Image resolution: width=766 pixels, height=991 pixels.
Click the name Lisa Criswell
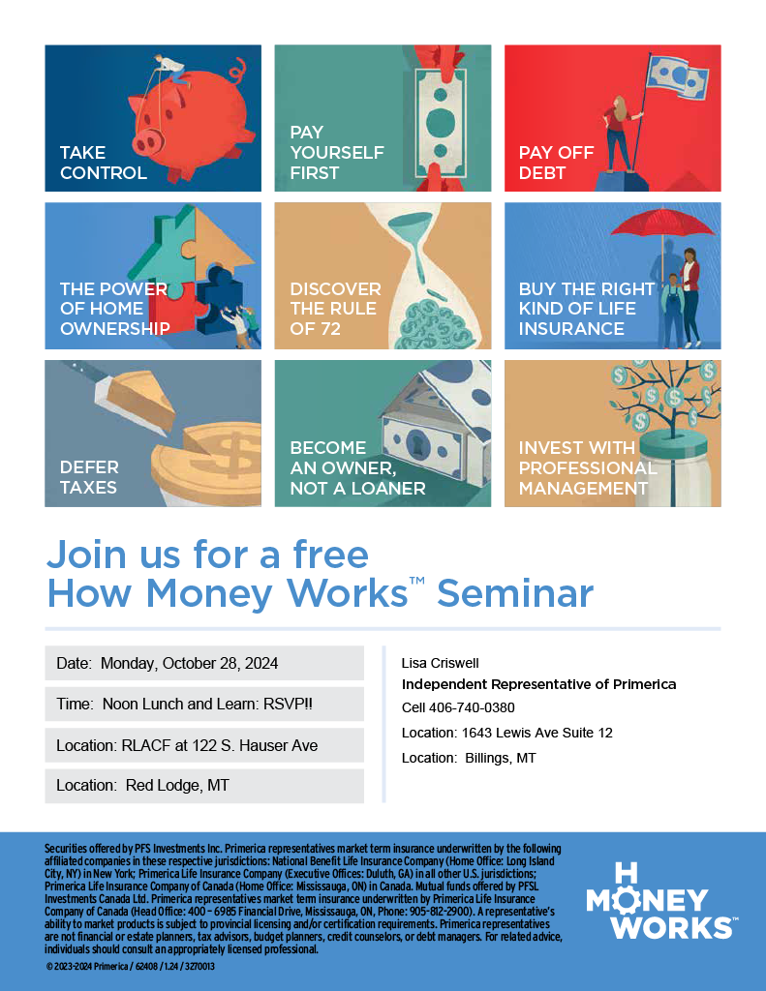pyautogui.click(x=441, y=663)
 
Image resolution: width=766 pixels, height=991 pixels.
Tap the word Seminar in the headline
pyautogui.click(x=515, y=593)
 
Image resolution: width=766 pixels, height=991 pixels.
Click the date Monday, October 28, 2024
pyautogui.click(x=189, y=663)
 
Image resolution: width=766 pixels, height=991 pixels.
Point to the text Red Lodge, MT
pyautogui.click(x=177, y=785)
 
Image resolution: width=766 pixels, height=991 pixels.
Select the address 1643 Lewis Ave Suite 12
pyautogui.click(x=537, y=733)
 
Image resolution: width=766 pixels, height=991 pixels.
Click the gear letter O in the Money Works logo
pyautogui.click(x=627, y=899)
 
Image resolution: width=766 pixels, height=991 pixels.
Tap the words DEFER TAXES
pyautogui.click(x=89, y=477)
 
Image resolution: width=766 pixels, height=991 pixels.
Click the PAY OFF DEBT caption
pyautogui.click(x=556, y=163)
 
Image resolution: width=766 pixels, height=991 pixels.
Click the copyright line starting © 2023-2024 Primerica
pyautogui.click(x=130, y=967)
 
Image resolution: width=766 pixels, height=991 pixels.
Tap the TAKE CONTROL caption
pyautogui.click(x=103, y=163)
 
